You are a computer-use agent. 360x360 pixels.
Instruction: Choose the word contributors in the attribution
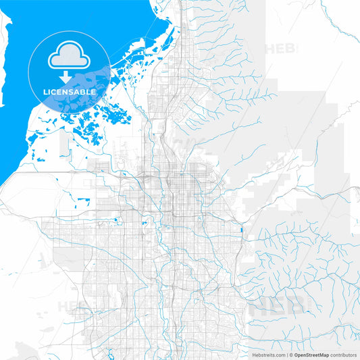[342, 355]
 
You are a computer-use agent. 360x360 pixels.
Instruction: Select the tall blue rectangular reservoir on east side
[240, 232]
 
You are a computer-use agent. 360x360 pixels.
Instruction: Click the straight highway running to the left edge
[41, 172]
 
